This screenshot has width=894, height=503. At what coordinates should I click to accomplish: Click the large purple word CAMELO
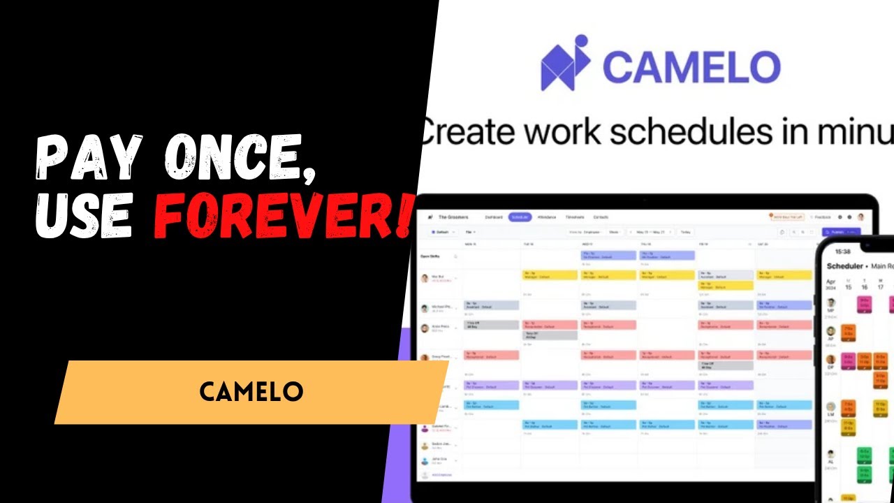coord(691,67)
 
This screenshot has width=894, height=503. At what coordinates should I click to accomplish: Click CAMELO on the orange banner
coord(251,391)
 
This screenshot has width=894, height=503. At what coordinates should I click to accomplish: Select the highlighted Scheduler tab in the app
coord(520,217)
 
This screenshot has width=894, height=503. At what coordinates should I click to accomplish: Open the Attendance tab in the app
coord(547,217)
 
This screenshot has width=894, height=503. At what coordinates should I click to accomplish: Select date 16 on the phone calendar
coord(865,286)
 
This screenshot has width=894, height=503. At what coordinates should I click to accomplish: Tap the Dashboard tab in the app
coord(494,217)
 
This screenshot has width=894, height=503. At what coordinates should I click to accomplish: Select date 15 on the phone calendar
coord(848,286)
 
